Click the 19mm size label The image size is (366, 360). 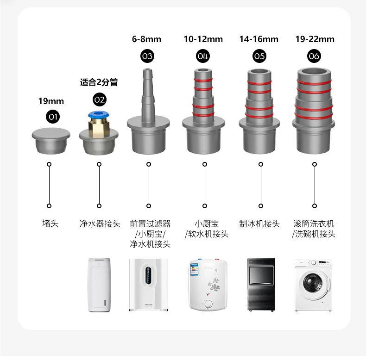[x=51, y=101]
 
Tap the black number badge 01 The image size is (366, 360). [x=52, y=117]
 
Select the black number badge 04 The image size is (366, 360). [x=203, y=56]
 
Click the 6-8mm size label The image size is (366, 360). [x=147, y=39]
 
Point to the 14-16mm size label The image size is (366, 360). [x=259, y=39]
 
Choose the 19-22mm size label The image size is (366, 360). [x=315, y=39]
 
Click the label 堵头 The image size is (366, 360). [x=50, y=224]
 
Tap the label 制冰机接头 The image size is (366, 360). [x=259, y=224]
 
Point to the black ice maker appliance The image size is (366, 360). [x=260, y=284]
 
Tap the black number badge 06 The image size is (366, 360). [x=314, y=56]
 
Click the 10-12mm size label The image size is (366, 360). [x=203, y=39]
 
